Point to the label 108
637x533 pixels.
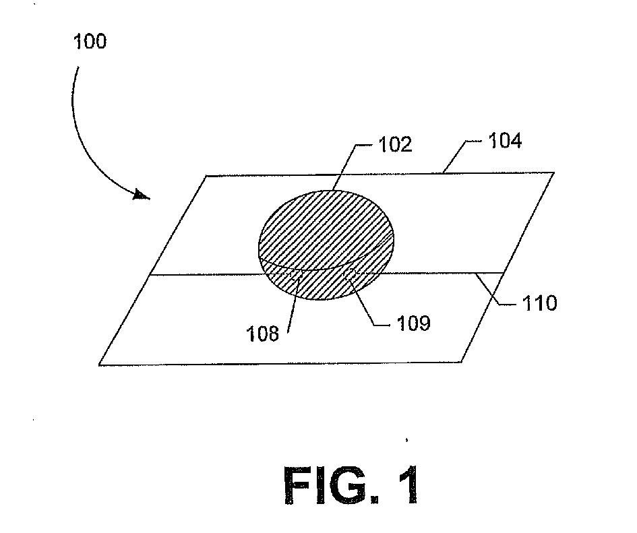(x=263, y=333)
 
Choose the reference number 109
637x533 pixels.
(x=411, y=324)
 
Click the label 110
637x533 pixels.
(x=539, y=304)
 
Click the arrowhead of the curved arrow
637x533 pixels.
(x=142, y=195)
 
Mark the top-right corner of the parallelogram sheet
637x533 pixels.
(x=554, y=173)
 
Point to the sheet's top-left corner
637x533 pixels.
(x=205, y=177)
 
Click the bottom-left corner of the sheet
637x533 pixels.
(x=99, y=365)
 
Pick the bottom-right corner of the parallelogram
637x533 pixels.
(x=462, y=363)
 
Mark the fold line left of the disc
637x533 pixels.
(x=202, y=274)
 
